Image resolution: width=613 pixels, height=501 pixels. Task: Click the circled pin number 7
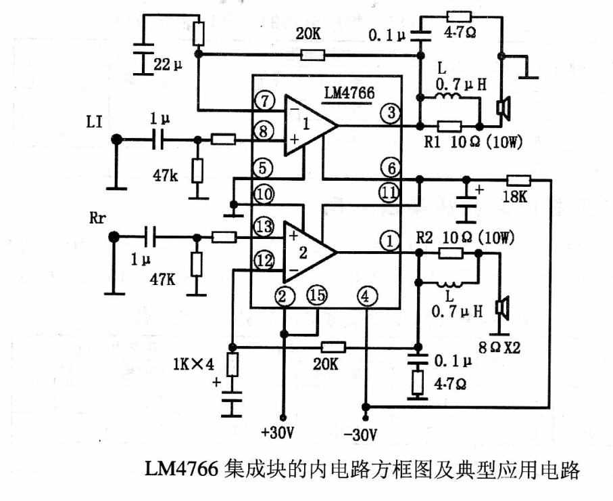pos(265,102)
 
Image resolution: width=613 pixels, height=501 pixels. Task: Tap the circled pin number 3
pos(391,114)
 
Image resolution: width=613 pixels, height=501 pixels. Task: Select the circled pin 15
pos(317,295)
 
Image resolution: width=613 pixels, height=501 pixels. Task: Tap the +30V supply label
pos(278,433)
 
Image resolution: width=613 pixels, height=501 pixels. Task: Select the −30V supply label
pos(361,435)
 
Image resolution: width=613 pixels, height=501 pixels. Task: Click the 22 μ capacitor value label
pos(168,65)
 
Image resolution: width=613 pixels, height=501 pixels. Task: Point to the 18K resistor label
pos(515,197)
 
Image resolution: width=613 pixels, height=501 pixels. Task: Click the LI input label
pos(94,123)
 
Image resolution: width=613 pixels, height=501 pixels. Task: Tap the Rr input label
pos(97,218)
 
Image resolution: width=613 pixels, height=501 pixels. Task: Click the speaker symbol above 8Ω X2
pos(502,306)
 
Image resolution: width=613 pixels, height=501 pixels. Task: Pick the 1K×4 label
pos(193,365)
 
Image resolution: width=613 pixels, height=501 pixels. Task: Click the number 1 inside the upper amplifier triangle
pos(306,125)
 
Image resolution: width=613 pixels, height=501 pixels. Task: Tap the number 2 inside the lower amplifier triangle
pos(303,253)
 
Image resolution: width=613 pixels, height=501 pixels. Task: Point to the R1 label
pos(433,141)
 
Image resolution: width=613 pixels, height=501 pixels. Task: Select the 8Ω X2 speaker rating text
pos(499,347)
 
